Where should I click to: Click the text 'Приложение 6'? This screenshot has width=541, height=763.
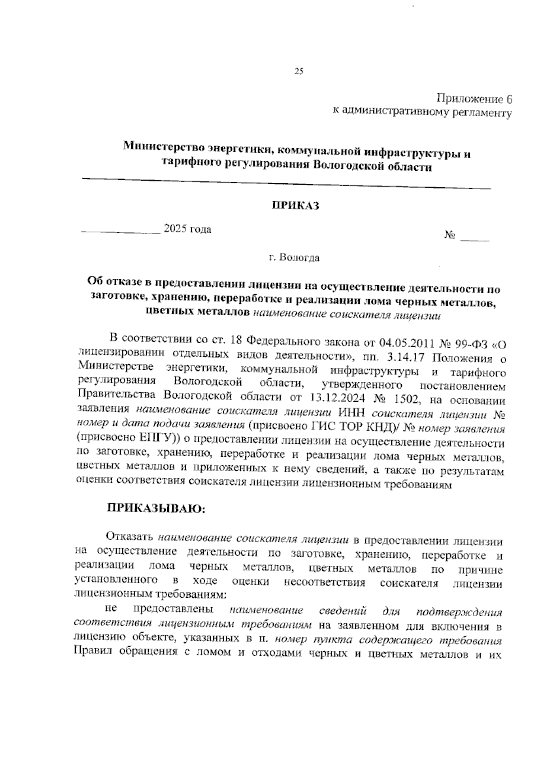(473, 99)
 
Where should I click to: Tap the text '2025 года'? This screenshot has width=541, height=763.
(188, 229)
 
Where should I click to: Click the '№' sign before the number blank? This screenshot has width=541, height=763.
(449, 235)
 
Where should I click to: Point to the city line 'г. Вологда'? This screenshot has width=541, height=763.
(294, 258)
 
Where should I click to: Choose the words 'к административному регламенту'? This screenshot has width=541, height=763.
(422, 111)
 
